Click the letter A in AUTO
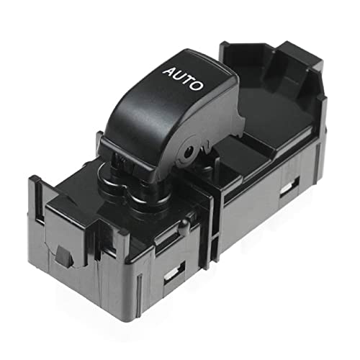coord(170,71)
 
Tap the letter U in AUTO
coord(179,76)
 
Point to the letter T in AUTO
coord(188,81)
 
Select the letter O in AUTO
coord(196,86)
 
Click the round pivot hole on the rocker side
coord(188,153)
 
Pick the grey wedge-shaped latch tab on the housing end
coord(63,256)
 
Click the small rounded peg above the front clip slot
coord(184,225)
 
